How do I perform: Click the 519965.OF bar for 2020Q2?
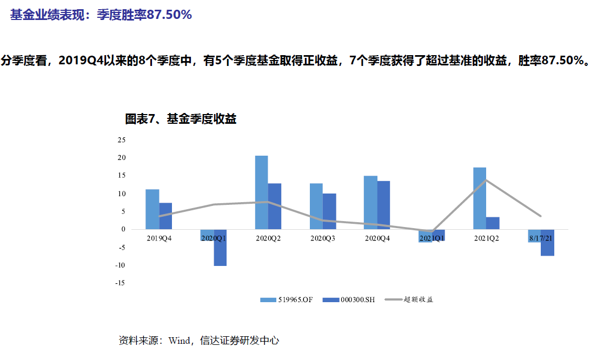(x=262, y=192)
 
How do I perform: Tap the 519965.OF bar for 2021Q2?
(x=480, y=198)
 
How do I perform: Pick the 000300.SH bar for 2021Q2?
(x=493, y=223)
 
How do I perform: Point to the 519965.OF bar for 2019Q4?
(x=152, y=209)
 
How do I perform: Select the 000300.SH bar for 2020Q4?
(x=384, y=205)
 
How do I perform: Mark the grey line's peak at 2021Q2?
(x=486, y=180)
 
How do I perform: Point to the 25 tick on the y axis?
(x=122, y=140)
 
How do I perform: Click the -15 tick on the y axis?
(x=120, y=283)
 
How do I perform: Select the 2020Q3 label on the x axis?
(x=323, y=238)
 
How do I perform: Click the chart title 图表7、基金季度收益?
(x=181, y=119)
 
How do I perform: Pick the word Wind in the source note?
(x=179, y=341)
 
